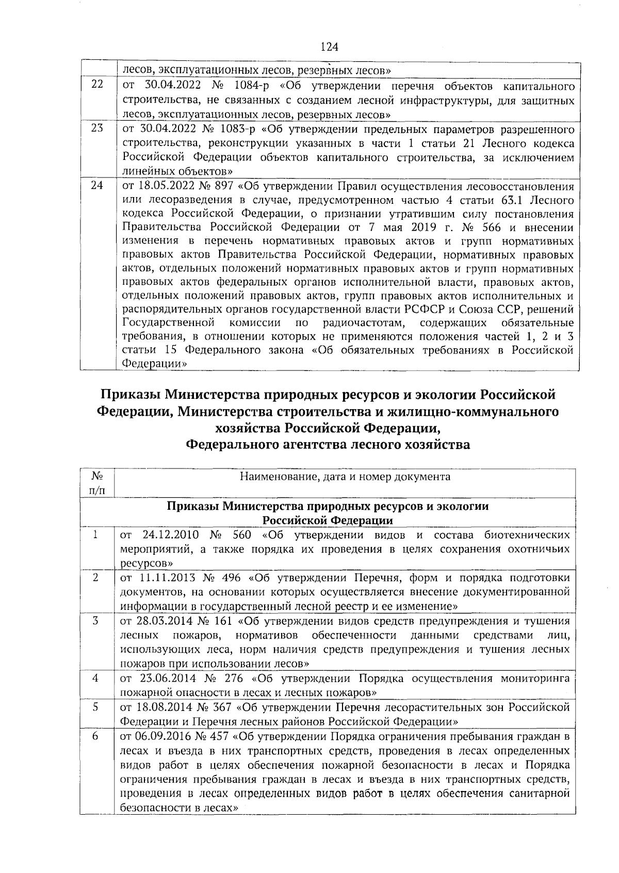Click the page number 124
(x=329, y=47)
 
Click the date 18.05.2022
(x=160, y=185)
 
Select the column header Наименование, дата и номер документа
(x=345, y=476)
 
